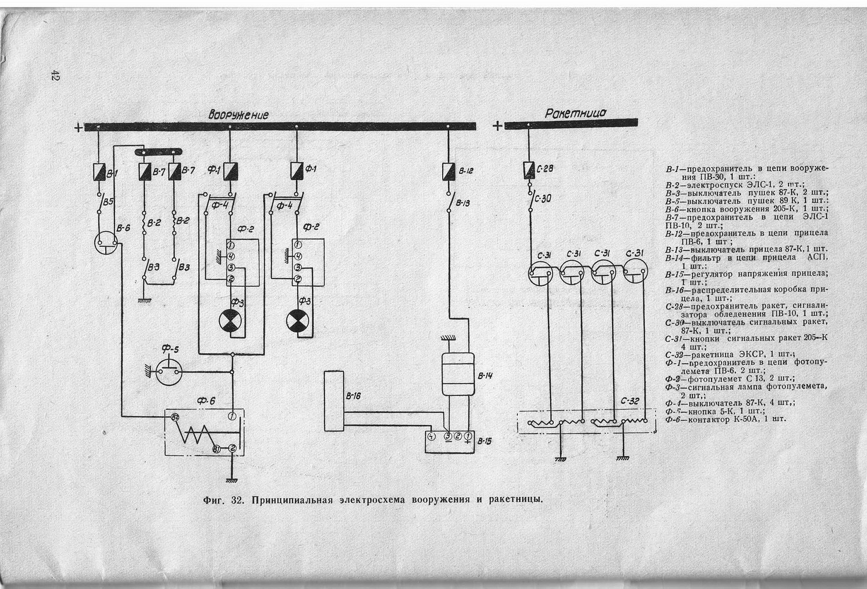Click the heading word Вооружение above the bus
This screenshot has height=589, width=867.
click(x=239, y=114)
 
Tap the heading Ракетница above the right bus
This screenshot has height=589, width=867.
click(x=576, y=113)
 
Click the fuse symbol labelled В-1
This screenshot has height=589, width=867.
click(x=98, y=172)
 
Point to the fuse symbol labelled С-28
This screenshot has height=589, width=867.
click(x=528, y=169)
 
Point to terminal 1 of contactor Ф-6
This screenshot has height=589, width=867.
click(x=231, y=416)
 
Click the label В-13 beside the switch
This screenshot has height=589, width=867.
click(x=462, y=203)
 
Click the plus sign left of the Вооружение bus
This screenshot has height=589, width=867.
click(x=78, y=128)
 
